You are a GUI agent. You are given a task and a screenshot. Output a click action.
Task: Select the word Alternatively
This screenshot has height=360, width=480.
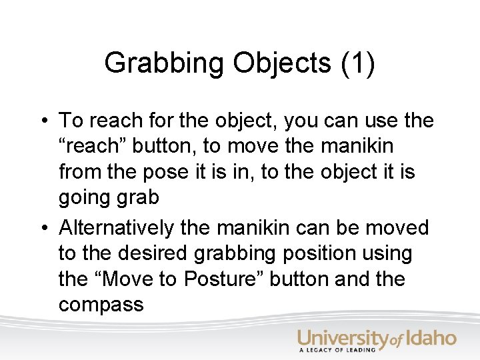coord(116,228)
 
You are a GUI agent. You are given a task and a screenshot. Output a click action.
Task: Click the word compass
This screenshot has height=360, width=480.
coord(101,305)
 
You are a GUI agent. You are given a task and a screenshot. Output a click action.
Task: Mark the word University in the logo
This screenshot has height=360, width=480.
coord(342,339)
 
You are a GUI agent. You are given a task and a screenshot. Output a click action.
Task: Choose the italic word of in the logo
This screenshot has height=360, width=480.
coord(396,341)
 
